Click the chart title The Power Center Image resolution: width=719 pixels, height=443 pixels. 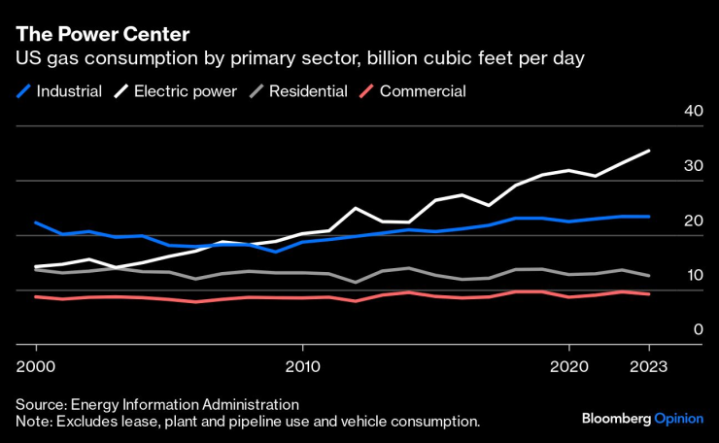102,34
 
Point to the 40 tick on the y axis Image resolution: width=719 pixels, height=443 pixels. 693,111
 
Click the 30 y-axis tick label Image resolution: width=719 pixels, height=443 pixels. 693,166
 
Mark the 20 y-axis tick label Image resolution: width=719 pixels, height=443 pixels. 693,221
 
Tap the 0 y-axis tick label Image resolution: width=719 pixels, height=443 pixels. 698,330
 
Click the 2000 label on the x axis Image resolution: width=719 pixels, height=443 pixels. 36,367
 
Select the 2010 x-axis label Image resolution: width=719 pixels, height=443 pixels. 302,367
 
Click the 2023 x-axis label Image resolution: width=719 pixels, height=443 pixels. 649,367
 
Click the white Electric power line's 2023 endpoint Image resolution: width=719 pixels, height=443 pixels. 649,151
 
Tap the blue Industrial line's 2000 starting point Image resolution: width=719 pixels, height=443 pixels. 36,222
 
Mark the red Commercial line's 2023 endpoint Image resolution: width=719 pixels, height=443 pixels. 649,294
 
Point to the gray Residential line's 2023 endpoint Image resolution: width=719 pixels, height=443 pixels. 649,276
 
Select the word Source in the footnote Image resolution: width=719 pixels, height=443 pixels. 38,403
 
